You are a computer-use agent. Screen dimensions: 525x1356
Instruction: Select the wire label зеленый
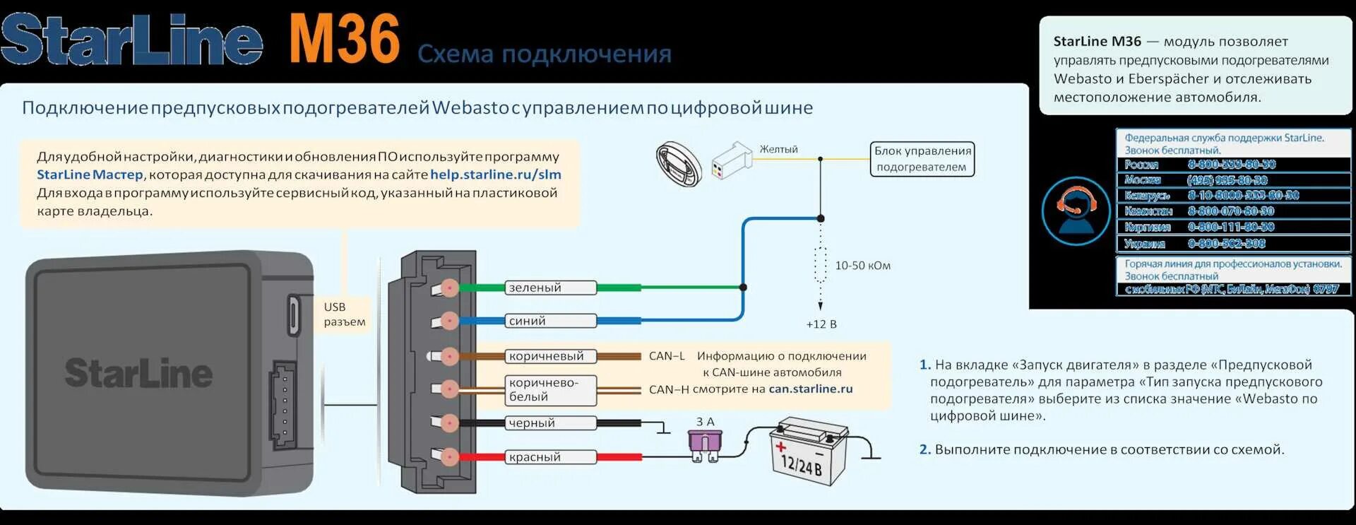pyautogui.click(x=551, y=288)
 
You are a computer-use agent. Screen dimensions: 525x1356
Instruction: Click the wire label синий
pyautogui.click(x=551, y=321)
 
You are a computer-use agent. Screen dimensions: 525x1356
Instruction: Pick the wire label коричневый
pyautogui.click(x=551, y=356)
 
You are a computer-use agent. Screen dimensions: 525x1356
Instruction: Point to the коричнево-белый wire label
pyautogui.click(x=551, y=389)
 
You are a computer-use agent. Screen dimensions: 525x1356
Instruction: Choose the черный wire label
pyautogui.click(x=551, y=423)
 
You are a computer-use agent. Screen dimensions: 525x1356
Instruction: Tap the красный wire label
pyautogui.click(x=551, y=456)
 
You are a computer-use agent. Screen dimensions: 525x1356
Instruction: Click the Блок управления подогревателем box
pyautogui.click(x=922, y=159)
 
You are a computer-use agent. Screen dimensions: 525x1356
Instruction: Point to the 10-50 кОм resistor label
pyautogui.click(x=862, y=266)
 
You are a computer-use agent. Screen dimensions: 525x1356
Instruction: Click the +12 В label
pyautogui.click(x=821, y=324)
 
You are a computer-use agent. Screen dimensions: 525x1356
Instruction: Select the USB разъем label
pyautogui.click(x=344, y=314)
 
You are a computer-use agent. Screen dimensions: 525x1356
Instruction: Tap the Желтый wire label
pyautogui.click(x=778, y=149)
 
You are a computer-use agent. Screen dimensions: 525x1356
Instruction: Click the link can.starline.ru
pyautogui.click(x=810, y=389)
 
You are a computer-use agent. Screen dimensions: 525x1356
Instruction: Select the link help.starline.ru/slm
pyautogui.click(x=495, y=175)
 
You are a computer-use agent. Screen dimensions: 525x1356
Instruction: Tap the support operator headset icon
pyautogui.click(x=1076, y=211)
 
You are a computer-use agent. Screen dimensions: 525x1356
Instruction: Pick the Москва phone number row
pyautogui.click(x=1232, y=179)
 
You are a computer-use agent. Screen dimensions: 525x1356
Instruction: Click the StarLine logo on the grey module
pyautogui.click(x=138, y=373)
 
